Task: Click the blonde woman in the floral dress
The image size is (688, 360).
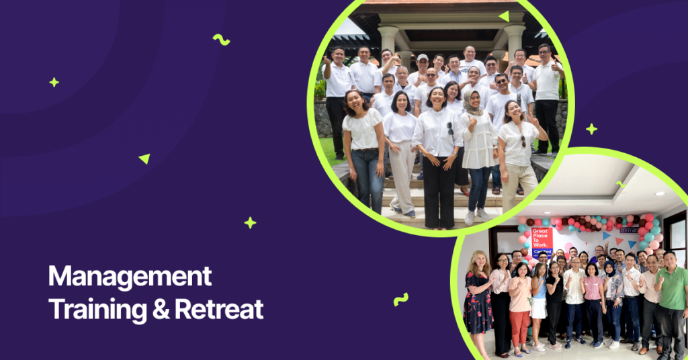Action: [478, 296]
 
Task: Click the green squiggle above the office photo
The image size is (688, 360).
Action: [620, 184]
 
